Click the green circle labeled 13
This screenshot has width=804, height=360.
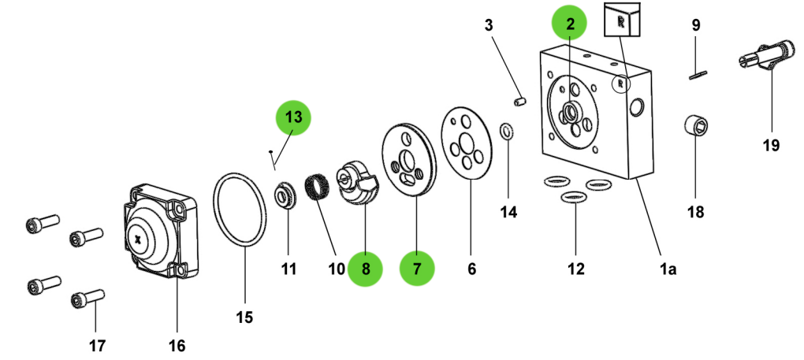click(x=293, y=118)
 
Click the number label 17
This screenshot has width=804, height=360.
click(x=96, y=344)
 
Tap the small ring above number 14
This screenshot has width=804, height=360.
click(x=508, y=130)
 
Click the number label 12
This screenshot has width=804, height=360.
click(x=575, y=269)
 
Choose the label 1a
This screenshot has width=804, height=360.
click(x=668, y=269)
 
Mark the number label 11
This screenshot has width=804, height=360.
click(x=288, y=269)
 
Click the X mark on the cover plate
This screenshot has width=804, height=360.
click(x=138, y=237)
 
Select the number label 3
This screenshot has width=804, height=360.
click(x=488, y=25)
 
